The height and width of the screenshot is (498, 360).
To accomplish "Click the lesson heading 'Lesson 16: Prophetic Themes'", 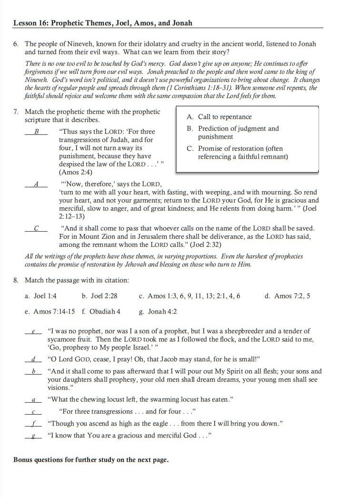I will (x=103, y=22).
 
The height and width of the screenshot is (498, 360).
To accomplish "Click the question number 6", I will (x=16, y=44).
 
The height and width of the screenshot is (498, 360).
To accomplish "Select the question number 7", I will (x=16, y=112).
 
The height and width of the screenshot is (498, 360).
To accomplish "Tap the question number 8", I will (x=16, y=280).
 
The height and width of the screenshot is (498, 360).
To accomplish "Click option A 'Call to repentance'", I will (x=219, y=117).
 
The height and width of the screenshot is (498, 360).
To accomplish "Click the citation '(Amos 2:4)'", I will (x=76, y=172).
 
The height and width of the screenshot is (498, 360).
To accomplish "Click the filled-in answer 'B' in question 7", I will (x=36, y=132).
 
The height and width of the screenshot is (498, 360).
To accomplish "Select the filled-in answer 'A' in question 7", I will (x=36, y=184).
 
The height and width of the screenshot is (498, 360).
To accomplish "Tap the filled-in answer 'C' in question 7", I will (x=36, y=228).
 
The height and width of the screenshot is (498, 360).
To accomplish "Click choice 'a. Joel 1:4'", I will (x=40, y=296).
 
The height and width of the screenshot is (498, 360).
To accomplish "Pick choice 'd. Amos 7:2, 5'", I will (x=287, y=296).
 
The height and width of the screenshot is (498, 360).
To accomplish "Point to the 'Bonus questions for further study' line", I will (x=91, y=460).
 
